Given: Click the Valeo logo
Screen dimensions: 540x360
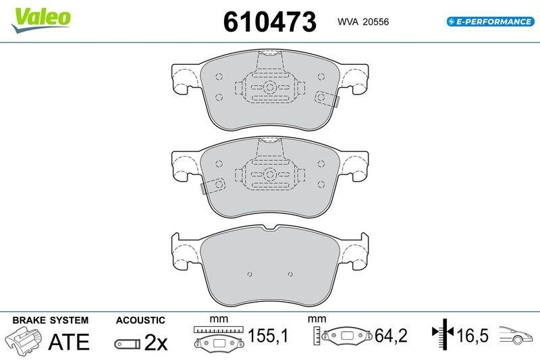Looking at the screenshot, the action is pyautogui.click(x=40, y=20).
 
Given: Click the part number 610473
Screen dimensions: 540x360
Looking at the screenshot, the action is pyautogui.click(x=269, y=22).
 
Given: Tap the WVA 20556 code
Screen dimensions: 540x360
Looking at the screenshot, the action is pyautogui.click(x=363, y=22).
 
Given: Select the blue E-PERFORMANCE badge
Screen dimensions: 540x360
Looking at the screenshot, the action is pyautogui.click(x=491, y=22).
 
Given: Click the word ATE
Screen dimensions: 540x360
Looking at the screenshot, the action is pyautogui.click(x=69, y=341).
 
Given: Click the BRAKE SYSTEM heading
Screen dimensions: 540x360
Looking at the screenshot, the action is pyautogui.click(x=50, y=320).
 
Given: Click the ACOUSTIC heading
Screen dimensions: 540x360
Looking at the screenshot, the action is pyautogui.click(x=140, y=320).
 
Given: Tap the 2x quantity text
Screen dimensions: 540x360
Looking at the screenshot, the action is pyautogui.click(x=156, y=342).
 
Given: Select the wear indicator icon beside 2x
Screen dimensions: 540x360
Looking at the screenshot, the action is pyautogui.click(x=128, y=344).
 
